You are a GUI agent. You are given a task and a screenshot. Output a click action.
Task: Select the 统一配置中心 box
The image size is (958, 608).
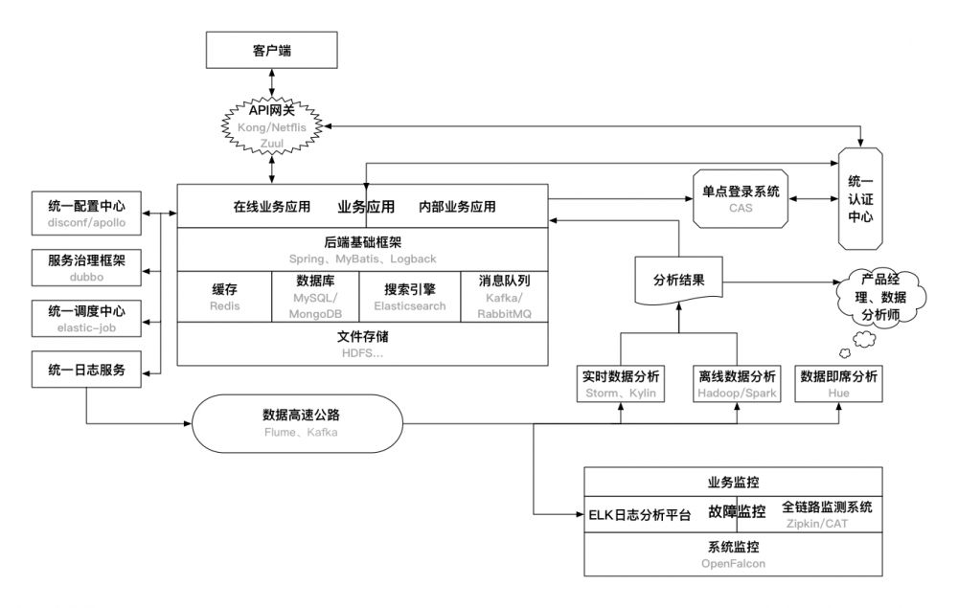86,213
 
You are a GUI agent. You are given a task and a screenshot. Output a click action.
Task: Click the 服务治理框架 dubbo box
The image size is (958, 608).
86,266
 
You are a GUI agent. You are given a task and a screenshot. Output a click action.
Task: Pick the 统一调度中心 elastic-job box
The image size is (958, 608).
86,320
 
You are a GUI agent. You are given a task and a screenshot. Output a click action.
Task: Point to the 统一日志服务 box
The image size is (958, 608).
86,371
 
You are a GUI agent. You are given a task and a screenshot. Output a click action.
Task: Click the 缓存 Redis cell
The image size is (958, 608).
224,297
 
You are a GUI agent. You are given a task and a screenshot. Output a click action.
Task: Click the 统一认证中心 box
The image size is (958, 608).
860,199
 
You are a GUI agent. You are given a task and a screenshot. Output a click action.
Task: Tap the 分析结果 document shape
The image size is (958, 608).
678,281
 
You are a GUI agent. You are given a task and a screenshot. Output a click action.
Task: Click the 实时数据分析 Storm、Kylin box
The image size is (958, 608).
622,383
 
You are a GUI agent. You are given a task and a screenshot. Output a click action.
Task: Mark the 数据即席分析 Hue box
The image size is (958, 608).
839,383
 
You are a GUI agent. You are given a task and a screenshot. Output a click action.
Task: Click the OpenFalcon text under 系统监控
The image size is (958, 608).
733,564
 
